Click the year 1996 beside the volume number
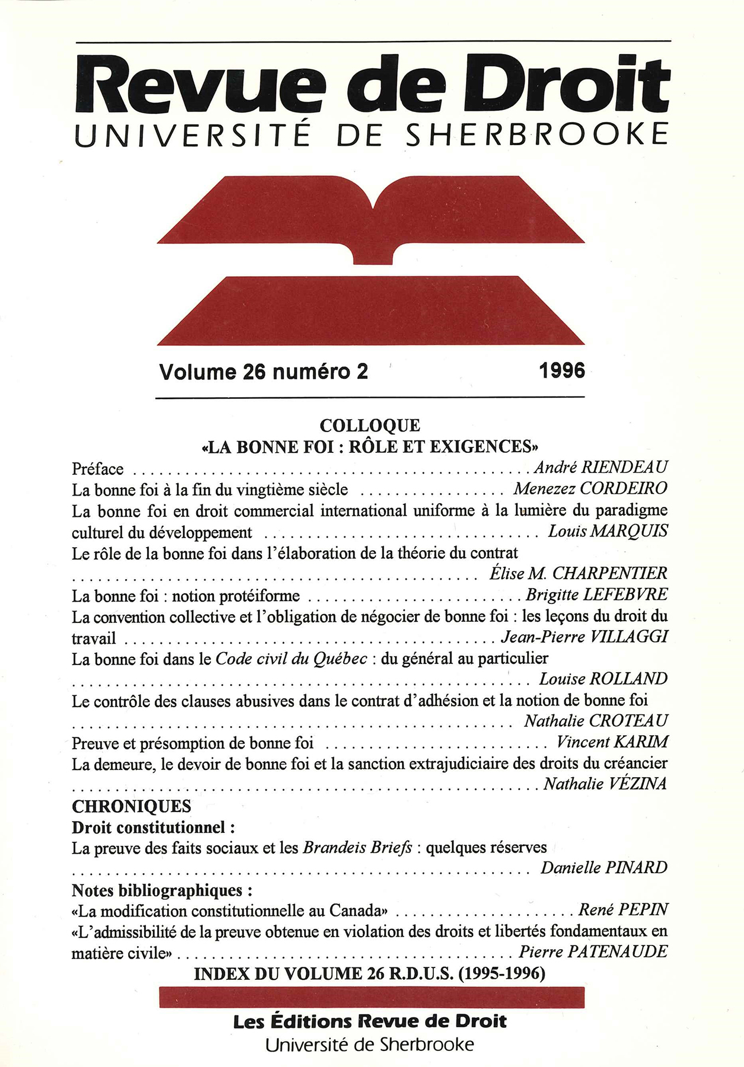coord(561,371)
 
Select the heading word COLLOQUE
coord(370,426)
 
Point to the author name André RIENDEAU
coord(601,468)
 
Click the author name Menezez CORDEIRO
coord(590,488)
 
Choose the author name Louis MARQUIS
coord(608,531)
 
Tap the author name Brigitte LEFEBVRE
coord(596,595)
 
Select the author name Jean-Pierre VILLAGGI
coord(585,637)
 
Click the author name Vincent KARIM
coord(612,742)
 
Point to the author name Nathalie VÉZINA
coord(605,784)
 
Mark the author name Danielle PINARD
coord(603,868)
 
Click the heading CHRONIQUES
coord(132,806)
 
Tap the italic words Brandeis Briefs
coord(357,848)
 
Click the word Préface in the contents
coord(98,469)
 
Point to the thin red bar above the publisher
coord(372,997)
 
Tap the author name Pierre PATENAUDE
coord(593,952)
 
